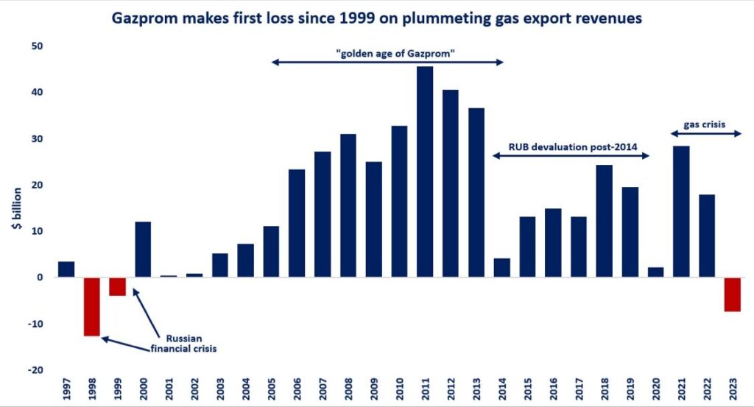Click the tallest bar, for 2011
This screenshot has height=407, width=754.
coord(425,171)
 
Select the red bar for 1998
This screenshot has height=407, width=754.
coord(92,306)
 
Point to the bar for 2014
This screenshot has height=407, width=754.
coord(502,268)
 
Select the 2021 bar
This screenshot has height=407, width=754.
coord(681,211)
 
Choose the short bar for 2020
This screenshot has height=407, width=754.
coord(655,272)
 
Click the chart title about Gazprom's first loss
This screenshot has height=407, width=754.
coord(377,18)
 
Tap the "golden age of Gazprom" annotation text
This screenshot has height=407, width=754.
coord(387,52)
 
